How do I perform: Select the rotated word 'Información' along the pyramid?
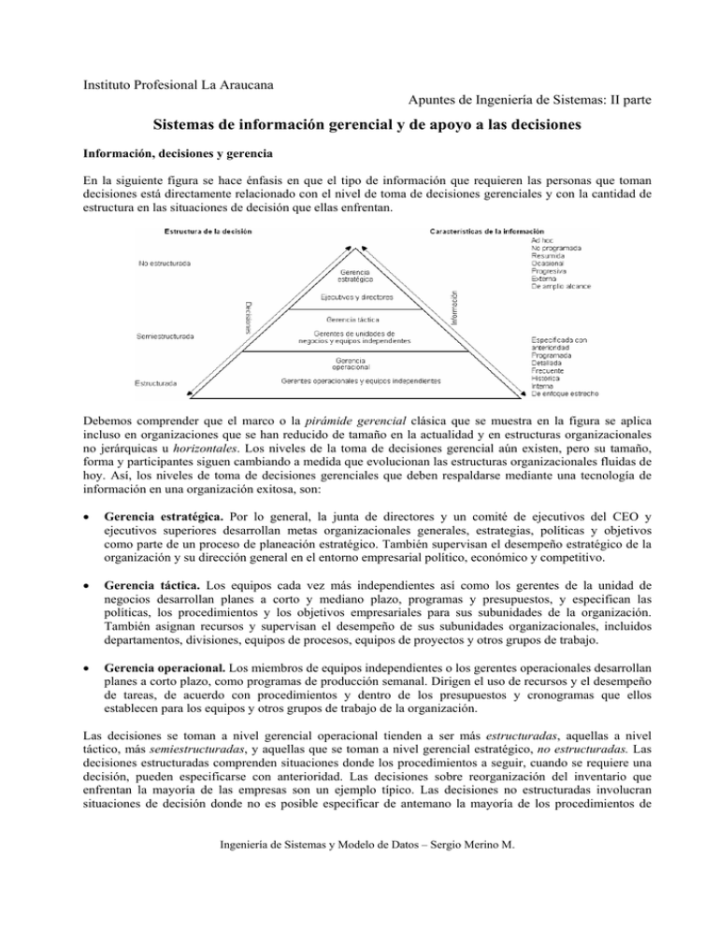(454, 307)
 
